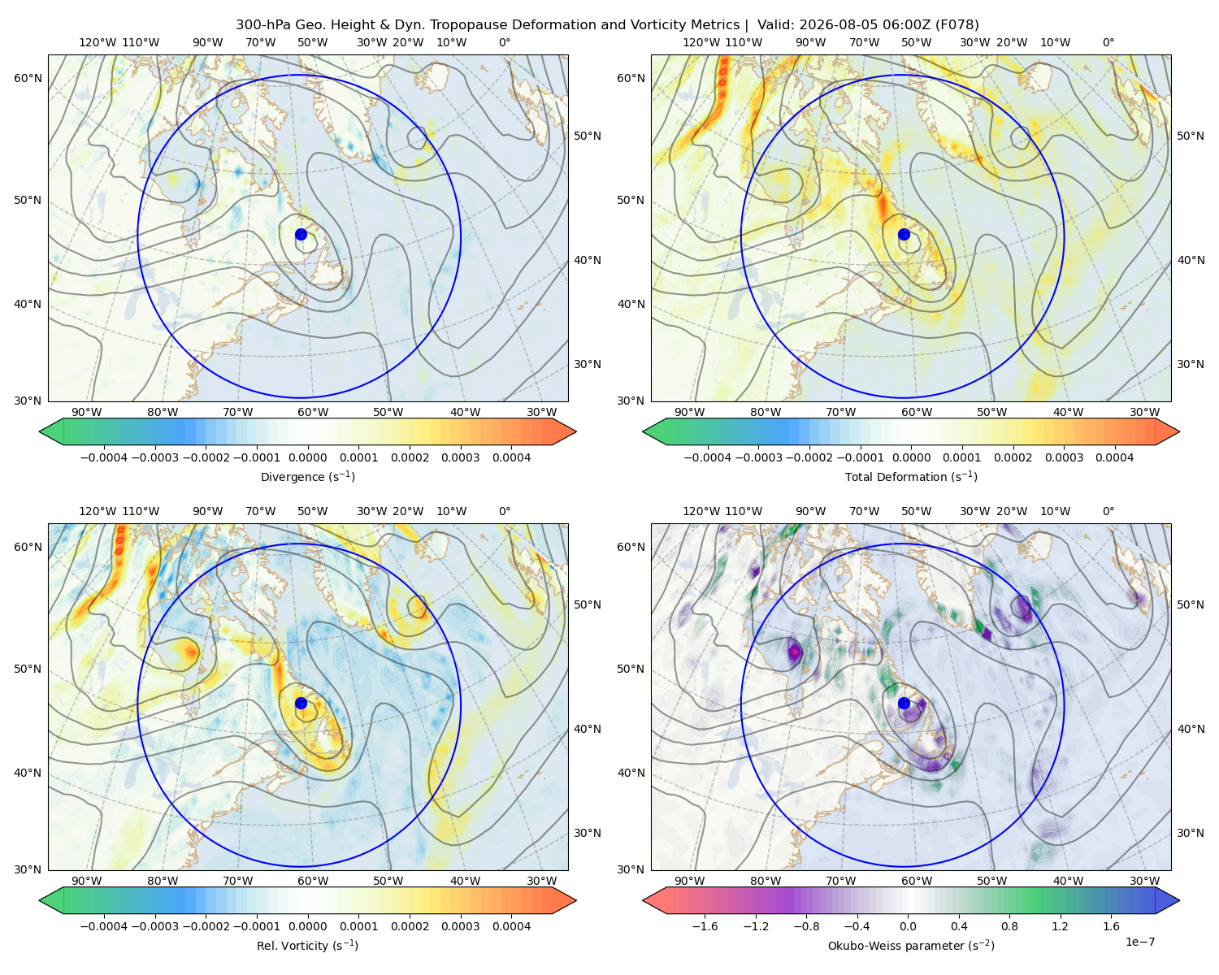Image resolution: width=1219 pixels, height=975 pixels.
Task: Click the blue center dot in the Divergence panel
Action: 301,234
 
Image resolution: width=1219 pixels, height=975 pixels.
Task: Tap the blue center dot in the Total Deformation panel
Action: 904,234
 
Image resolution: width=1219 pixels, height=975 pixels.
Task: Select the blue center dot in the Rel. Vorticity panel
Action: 301,703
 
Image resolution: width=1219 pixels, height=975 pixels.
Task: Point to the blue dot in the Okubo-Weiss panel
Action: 904,703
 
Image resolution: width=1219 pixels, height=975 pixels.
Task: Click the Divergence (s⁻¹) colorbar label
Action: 307,476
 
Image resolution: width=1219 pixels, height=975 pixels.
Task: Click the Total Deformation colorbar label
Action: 911,476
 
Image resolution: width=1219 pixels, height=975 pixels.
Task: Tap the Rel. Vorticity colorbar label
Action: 307,945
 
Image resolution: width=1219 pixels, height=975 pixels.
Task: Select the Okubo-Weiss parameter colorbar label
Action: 911,945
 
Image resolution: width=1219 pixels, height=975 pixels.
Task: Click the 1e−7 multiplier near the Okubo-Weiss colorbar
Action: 1139,942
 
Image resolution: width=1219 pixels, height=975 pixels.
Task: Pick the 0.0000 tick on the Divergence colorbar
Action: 307,457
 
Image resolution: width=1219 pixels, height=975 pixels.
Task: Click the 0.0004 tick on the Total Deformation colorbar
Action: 1114,457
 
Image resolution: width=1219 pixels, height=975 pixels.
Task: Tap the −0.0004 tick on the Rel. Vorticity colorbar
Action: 104,925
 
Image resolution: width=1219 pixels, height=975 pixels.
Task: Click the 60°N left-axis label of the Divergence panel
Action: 28,78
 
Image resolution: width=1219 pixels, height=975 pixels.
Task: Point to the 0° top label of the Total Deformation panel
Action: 1108,42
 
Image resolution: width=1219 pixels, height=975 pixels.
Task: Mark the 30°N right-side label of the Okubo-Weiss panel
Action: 1191,832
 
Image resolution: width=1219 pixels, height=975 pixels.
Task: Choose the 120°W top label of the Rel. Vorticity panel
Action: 98,511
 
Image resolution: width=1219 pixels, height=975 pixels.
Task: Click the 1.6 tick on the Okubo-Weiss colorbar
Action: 1111,925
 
